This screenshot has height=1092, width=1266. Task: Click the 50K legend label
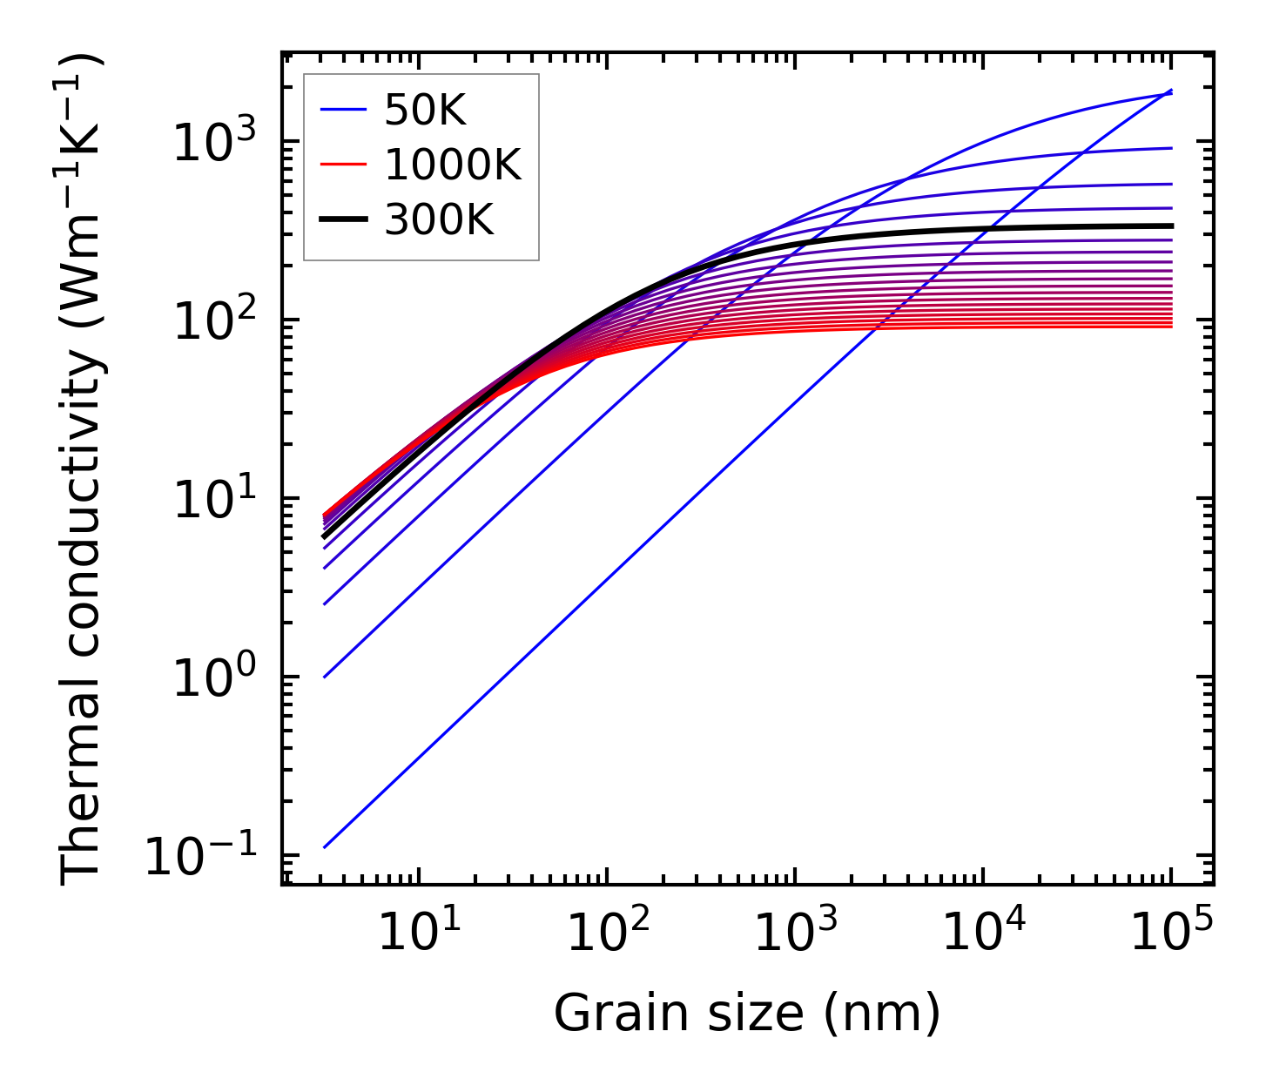click(426, 111)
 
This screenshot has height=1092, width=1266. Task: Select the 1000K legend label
click(453, 165)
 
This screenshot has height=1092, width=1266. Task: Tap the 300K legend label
click(439, 221)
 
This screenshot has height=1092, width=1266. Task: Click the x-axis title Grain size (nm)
click(747, 1014)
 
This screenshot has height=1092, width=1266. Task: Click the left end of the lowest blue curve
click(324, 846)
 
